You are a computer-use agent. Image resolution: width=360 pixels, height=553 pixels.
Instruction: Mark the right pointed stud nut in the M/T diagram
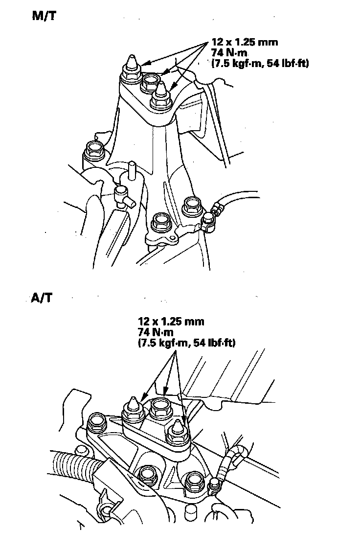tap(161, 96)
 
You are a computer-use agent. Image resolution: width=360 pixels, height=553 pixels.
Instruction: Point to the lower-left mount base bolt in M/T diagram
tap(160, 223)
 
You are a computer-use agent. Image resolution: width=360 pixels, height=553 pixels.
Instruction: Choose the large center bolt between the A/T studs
tap(160, 408)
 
